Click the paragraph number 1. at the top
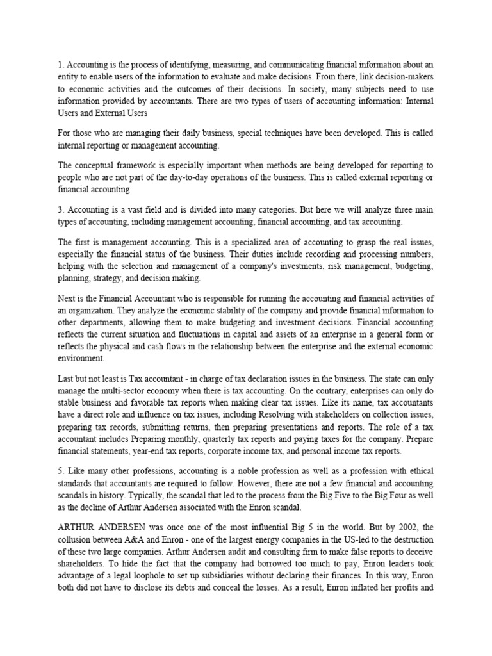[x=61, y=64]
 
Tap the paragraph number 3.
[x=61, y=209]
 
